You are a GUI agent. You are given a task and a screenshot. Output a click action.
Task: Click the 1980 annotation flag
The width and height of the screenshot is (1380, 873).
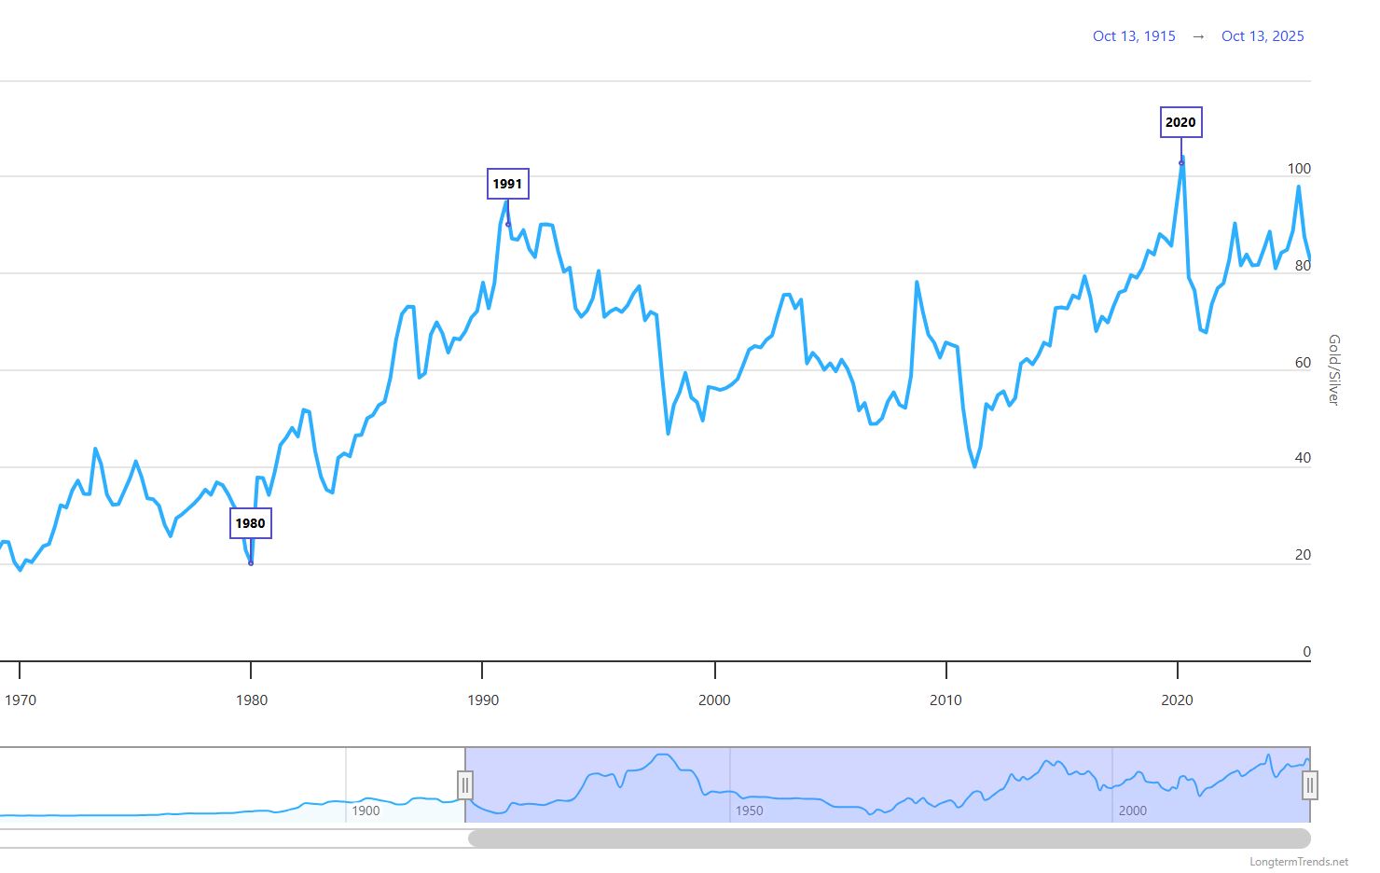[251, 523]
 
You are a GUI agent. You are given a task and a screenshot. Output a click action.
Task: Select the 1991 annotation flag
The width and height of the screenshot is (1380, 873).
[508, 184]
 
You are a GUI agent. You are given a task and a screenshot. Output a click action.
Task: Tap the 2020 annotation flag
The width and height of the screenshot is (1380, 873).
[1180, 122]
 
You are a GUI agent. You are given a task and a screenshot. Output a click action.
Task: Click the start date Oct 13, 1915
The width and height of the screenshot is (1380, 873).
[1134, 36]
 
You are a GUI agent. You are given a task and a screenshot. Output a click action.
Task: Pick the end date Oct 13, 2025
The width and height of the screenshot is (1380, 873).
[1263, 36]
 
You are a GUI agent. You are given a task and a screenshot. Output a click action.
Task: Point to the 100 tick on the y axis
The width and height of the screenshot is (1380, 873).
[1299, 169]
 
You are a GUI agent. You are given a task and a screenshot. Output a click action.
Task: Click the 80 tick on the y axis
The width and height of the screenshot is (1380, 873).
[1303, 266]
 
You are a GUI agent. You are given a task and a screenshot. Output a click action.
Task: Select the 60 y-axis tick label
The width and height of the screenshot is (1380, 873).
[1303, 363]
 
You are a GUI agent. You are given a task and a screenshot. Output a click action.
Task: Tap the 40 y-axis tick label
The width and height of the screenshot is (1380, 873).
[1303, 458]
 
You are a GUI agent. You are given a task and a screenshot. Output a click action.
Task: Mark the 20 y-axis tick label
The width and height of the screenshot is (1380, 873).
[1303, 555]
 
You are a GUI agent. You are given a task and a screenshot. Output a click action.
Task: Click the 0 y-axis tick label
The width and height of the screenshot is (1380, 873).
[1306, 652]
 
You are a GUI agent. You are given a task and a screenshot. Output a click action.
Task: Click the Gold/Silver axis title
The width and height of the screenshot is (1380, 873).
[1333, 369]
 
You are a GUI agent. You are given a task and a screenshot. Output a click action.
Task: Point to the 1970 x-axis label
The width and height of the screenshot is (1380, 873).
[21, 700]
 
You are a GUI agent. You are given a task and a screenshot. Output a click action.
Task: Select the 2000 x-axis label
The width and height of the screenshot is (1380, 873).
[715, 700]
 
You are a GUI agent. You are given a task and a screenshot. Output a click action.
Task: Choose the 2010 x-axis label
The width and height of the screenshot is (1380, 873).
[946, 700]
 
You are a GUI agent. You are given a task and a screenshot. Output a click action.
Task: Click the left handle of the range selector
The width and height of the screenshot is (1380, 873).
[465, 785]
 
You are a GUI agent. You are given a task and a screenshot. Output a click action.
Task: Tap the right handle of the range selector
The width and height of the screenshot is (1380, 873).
[1310, 785]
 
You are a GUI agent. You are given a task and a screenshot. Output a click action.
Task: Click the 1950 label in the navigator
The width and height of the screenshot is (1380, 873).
[749, 811]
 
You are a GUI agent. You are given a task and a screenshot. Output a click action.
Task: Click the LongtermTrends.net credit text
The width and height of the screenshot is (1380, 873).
[1299, 862]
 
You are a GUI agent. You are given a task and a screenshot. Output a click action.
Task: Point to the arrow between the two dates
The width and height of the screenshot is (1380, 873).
[1198, 36]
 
